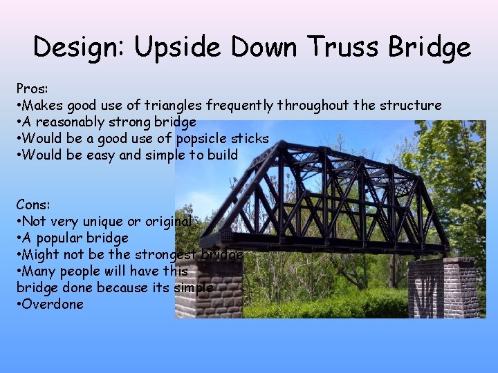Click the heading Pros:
tap(32, 89)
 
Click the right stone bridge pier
tap(443, 287)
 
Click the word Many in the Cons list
tap(41, 271)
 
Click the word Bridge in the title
tap(430, 47)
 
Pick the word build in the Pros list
tap(221, 155)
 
